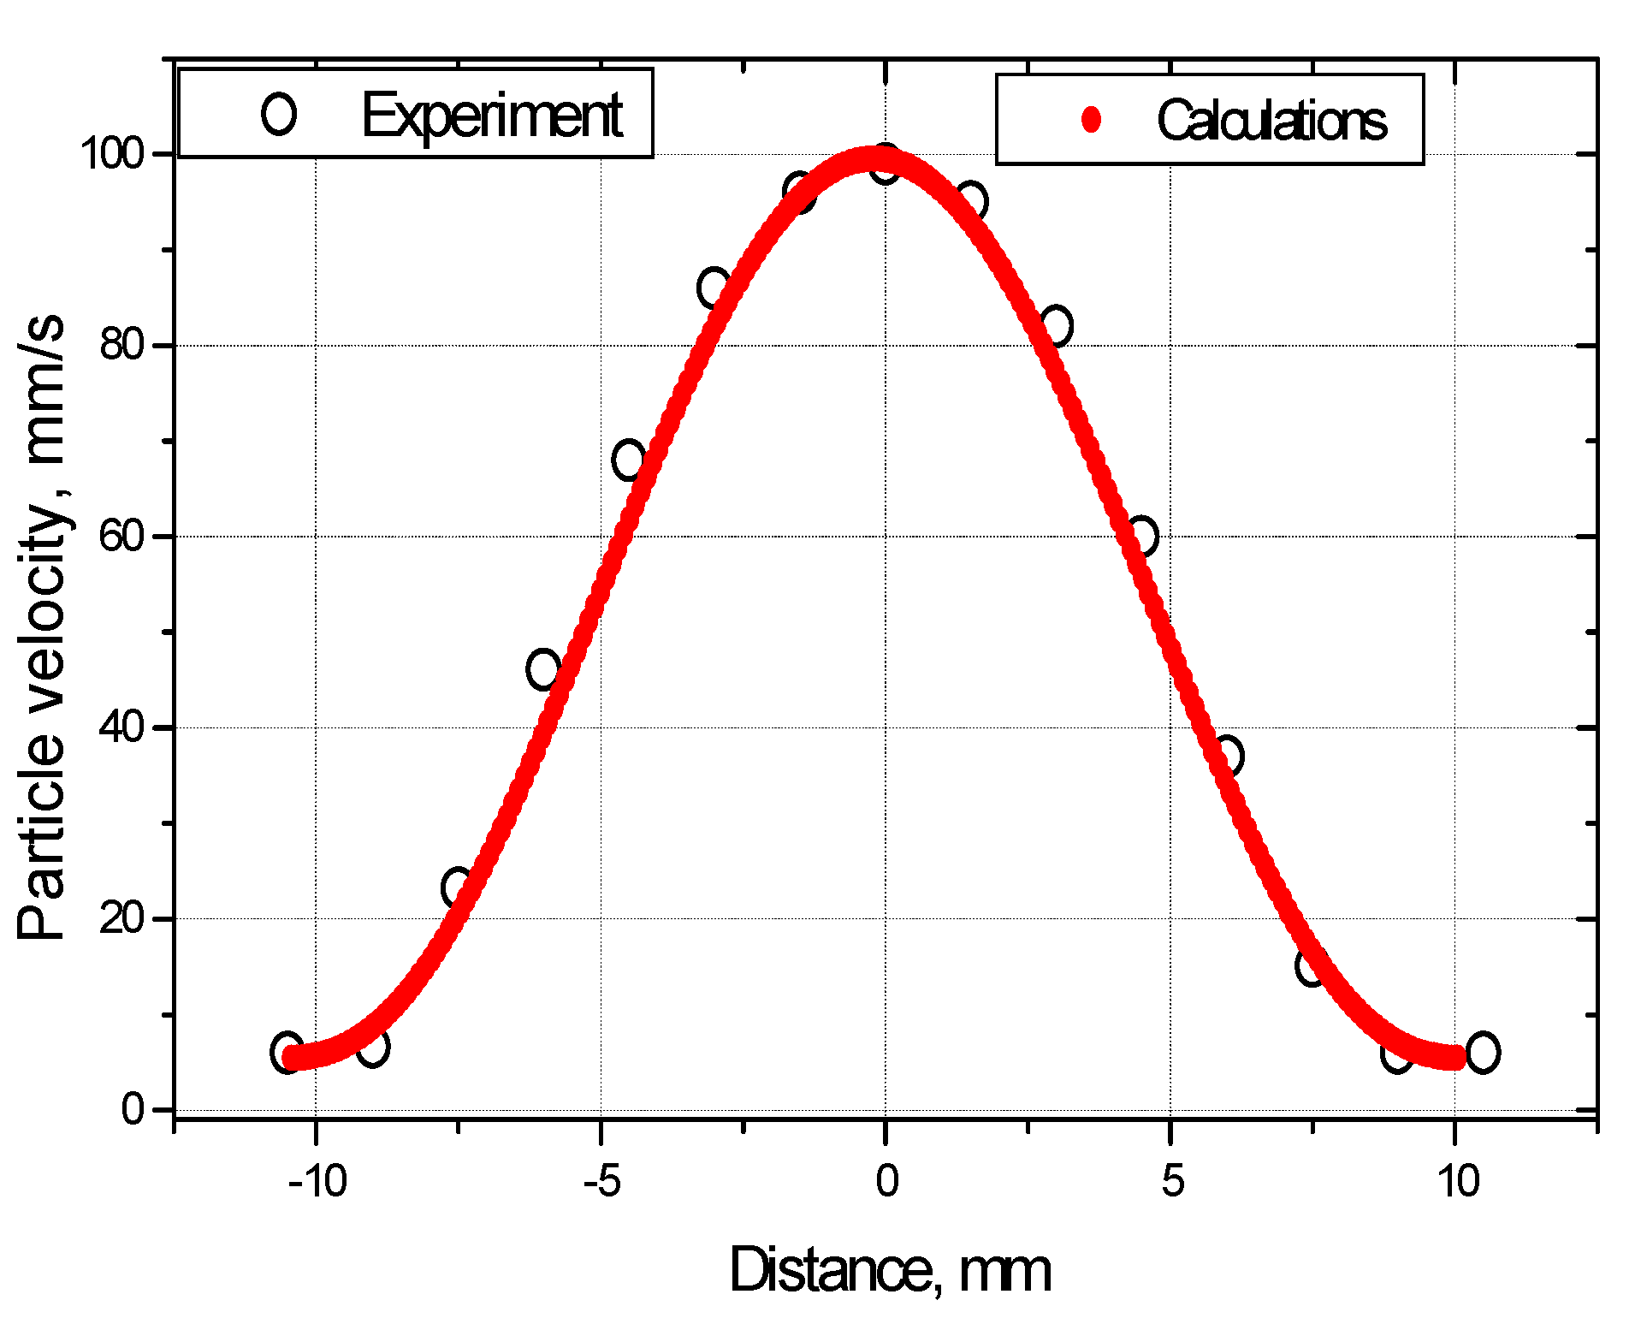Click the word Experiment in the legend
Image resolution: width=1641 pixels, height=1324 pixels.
pos(491,115)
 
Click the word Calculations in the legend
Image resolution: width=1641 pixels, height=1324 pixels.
pos(1271,120)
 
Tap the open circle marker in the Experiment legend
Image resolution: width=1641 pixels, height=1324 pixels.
pos(279,114)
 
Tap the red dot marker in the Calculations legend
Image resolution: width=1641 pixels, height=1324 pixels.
pos(1091,119)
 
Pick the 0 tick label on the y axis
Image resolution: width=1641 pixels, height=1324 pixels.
pos(134,1110)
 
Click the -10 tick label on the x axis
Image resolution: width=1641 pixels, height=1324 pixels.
pos(317,1182)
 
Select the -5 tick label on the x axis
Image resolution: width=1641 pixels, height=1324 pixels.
pos(601,1182)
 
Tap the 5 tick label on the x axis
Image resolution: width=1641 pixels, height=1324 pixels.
pos(1172,1182)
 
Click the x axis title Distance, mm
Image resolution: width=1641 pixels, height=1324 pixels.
pos(890,1270)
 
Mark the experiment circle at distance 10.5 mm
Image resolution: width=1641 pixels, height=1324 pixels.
pos(1483,1053)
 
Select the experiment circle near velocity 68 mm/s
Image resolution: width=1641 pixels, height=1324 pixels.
pos(629,460)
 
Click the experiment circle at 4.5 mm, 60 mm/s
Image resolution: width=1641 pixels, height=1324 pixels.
pos(1142,537)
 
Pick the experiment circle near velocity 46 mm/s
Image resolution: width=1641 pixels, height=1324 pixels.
pos(543,669)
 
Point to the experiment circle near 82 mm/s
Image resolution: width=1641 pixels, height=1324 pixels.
pos(1057,326)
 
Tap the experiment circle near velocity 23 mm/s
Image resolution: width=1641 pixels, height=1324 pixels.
pos(458,888)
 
